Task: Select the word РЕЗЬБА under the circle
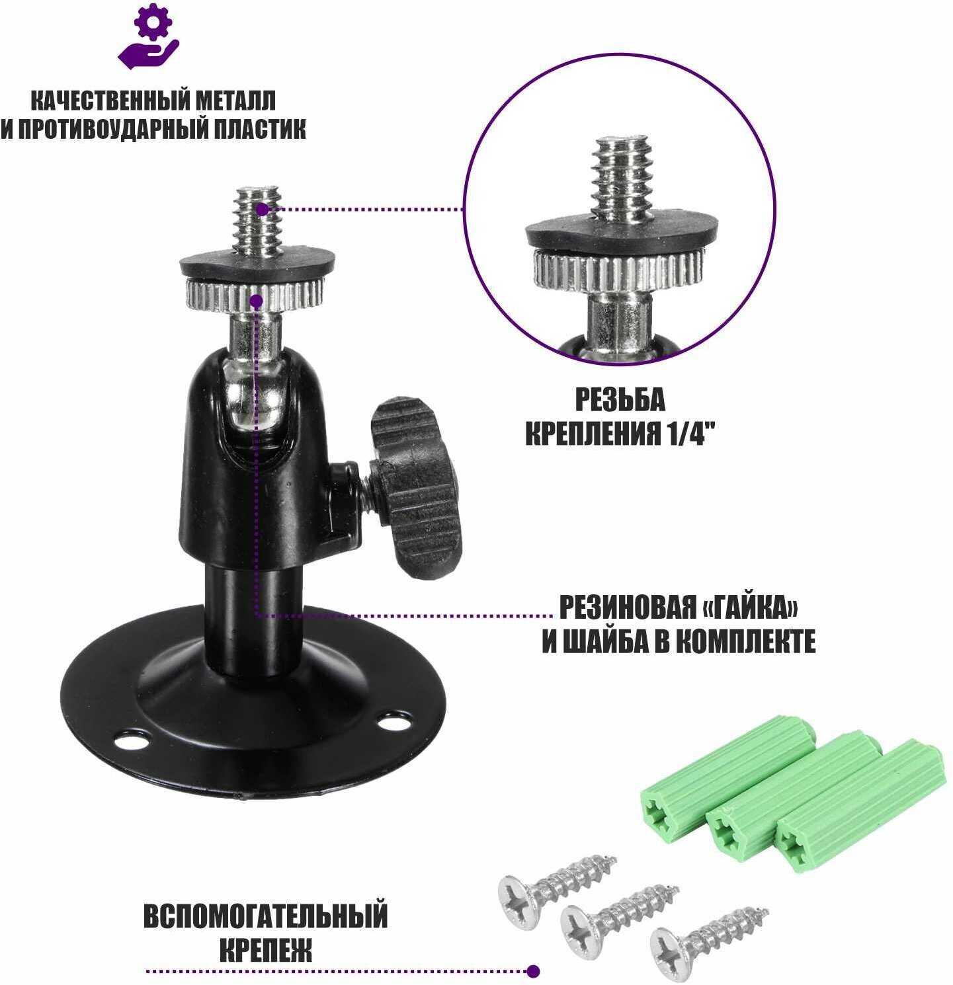click(x=620, y=401)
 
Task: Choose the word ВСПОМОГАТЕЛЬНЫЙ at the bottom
click(x=265, y=918)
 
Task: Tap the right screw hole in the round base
click(x=395, y=719)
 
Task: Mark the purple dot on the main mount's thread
click(x=262, y=210)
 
